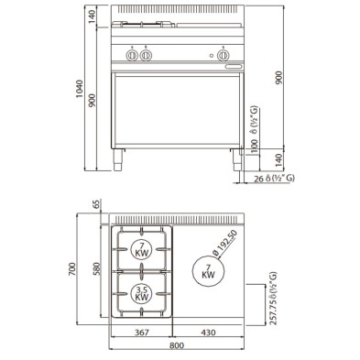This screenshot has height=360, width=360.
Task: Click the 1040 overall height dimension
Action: click(x=82, y=87)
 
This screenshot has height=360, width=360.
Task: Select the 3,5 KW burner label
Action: click(x=142, y=293)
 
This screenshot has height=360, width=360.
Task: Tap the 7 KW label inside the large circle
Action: click(x=207, y=270)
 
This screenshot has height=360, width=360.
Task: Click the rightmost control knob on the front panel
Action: click(x=222, y=56)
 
